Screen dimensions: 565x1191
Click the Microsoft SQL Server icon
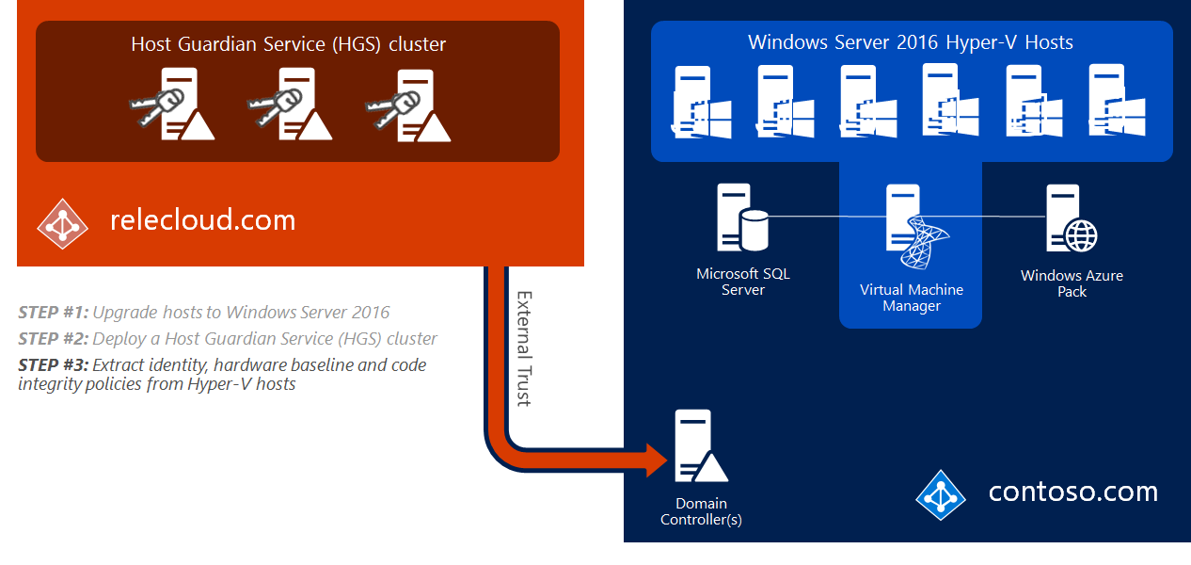741,218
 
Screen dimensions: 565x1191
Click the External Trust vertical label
524,347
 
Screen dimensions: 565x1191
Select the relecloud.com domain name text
202,220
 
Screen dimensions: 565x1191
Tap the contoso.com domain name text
1072,492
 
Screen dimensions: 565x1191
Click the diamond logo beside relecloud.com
62,222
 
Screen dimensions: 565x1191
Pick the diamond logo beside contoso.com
941,494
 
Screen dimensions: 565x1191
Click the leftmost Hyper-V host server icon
691,102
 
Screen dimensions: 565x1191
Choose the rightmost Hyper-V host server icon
1114,102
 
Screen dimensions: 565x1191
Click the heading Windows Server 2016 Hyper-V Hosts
910,42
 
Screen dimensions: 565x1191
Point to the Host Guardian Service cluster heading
288,44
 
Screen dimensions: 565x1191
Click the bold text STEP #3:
54,364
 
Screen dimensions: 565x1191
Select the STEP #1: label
53,313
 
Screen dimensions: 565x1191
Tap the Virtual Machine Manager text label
911,298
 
